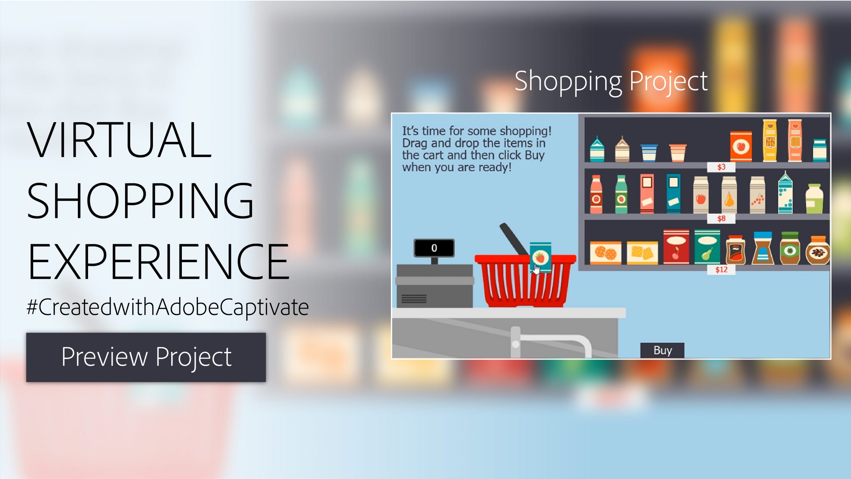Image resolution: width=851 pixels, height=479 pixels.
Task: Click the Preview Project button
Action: pos(146,357)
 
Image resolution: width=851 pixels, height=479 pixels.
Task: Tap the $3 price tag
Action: pos(721,167)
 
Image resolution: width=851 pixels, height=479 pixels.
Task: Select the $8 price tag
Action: pos(721,219)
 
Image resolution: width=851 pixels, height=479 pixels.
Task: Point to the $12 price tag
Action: pos(721,269)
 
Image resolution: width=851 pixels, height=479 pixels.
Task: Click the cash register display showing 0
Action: pos(434,248)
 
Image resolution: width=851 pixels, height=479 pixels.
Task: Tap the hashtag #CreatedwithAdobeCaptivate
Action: pos(168,307)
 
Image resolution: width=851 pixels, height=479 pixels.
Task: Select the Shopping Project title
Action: pos(611,81)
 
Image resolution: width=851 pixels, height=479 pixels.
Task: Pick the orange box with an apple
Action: pos(741,146)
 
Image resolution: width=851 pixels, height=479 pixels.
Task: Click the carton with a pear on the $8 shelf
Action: pos(729,195)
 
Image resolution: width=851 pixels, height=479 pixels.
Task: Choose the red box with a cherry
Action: pos(676,247)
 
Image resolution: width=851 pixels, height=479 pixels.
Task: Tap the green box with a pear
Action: pos(707,247)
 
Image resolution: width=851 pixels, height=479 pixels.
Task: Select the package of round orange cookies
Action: pos(605,253)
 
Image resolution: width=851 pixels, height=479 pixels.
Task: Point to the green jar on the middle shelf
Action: pos(814,199)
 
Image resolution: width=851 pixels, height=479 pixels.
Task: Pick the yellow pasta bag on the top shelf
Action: pos(770,141)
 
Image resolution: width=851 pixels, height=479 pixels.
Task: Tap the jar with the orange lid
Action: pos(818,250)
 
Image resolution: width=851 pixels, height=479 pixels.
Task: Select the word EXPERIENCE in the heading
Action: pos(158,261)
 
